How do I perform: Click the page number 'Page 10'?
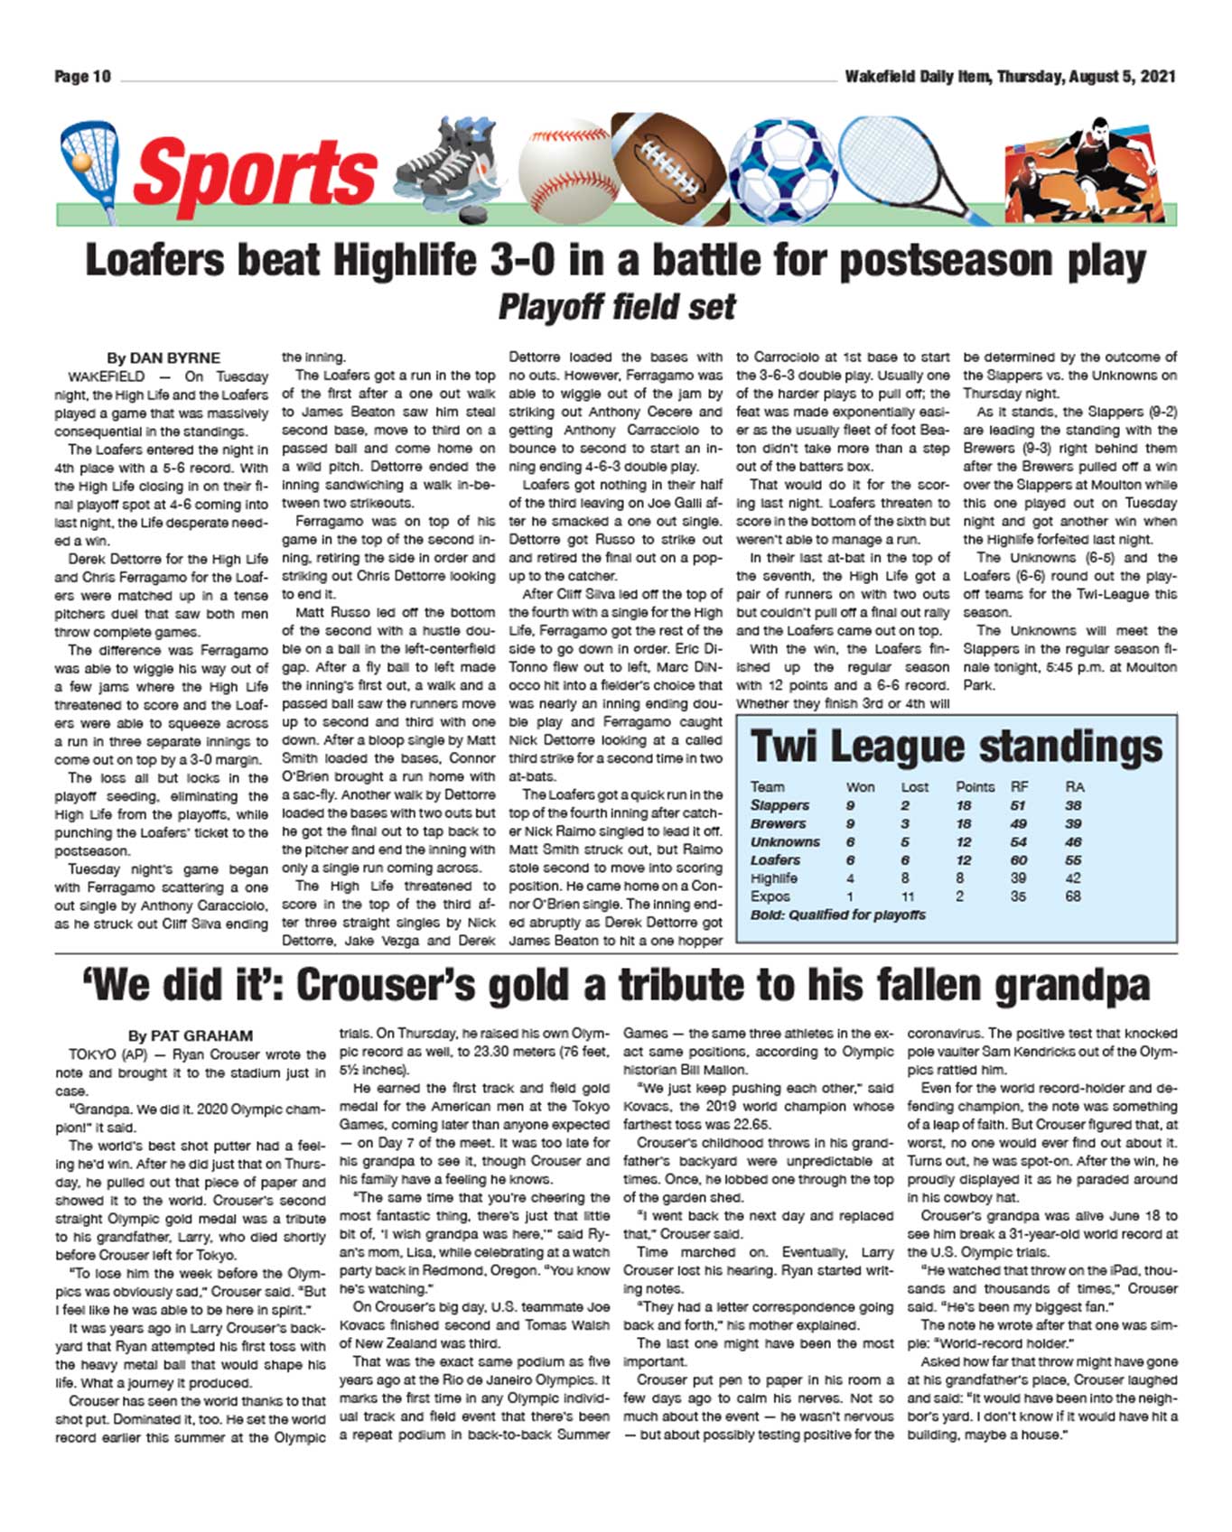[82, 77]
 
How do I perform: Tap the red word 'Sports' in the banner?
[255, 174]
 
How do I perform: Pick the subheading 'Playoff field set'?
[617, 307]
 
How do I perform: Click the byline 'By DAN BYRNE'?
[163, 357]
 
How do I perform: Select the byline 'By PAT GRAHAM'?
[190, 1035]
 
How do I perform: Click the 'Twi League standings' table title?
[957, 747]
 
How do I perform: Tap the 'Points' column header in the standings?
[975, 787]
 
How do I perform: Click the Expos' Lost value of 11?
[908, 896]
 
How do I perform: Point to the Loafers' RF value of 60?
[1019, 860]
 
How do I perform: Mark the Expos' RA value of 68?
[1073, 896]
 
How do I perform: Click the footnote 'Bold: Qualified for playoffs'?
[837, 915]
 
